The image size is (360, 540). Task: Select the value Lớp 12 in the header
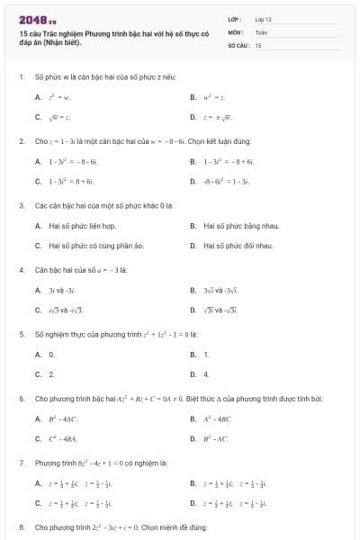263,19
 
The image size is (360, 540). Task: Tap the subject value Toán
261,31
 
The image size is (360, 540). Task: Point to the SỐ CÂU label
238,44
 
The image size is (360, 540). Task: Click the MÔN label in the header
237,31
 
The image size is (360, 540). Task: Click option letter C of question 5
38,373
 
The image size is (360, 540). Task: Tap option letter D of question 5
193,373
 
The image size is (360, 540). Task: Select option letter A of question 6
38,418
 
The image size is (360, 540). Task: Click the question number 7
22,462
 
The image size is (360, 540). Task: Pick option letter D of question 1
193,117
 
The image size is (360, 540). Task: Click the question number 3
22,205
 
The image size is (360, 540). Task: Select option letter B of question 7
193,483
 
